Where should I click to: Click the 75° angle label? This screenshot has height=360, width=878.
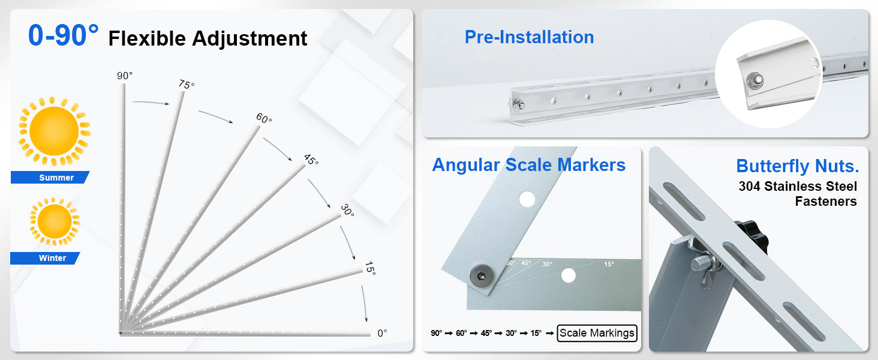pos(187,85)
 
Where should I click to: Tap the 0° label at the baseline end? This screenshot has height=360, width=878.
pos(382,333)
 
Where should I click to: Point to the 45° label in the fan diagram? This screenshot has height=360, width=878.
pos(311,159)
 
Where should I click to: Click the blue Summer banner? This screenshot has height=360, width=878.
pos(50,177)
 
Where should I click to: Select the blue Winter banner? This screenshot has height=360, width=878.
pos(45,258)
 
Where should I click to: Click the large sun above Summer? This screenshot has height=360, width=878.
pos(54,131)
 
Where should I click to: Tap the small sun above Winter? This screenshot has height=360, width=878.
pos(55,221)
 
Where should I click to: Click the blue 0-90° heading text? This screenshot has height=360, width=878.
pos(63,35)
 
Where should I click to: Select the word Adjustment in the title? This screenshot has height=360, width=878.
pos(249,39)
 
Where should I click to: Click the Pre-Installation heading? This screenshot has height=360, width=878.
pos(529,37)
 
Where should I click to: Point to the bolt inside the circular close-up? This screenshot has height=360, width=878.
pos(755,80)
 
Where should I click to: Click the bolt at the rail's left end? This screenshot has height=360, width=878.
pos(519,104)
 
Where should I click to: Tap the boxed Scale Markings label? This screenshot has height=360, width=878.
pos(597,333)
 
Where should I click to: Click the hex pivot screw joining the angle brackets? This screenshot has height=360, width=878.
pos(482,275)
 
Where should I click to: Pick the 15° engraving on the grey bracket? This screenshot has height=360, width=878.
pos(609,264)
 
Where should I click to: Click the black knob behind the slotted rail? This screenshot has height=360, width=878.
pos(753,236)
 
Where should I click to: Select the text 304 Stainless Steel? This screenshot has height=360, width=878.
pos(798,186)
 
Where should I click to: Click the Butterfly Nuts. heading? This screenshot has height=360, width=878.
pos(797,166)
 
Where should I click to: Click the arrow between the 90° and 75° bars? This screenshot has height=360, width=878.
pos(151,103)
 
